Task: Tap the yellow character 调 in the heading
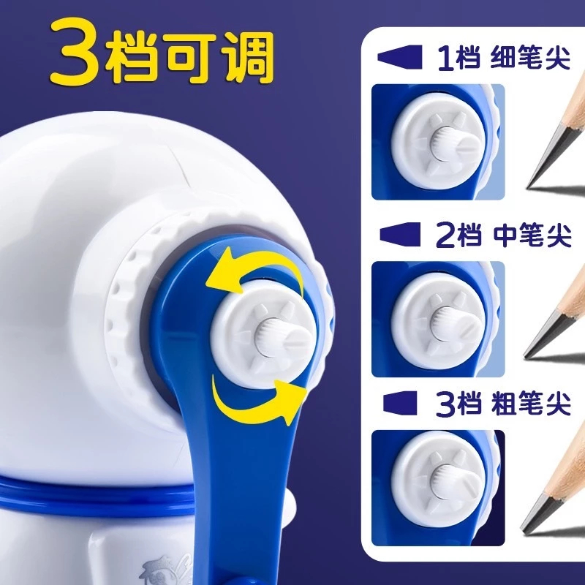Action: pyautogui.click(x=249, y=56)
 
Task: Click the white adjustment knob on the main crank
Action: pyautogui.click(x=264, y=334)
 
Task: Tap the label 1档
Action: pyautogui.click(x=459, y=58)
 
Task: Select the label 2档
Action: pyautogui.click(x=458, y=235)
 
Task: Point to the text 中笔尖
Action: pyautogui.click(x=532, y=235)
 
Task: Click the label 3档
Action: pyautogui.click(x=459, y=404)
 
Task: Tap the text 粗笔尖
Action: pyautogui.click(x=532, y=404)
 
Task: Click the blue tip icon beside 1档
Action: pyautogui.click(x=399, y=57)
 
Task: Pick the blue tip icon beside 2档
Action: pyautogui.click(x=400, y=235)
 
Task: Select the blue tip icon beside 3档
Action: pyautogui.click(x=400, y=404)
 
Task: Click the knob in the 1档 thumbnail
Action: pyautogui.click(x=439, y=142)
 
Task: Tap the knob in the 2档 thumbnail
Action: pyautogui.click(x=439, y=319)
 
